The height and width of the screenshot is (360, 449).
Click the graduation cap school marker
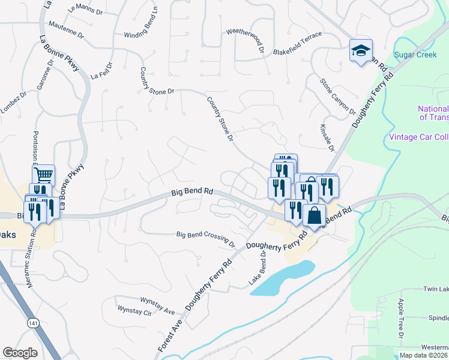coord(361,50)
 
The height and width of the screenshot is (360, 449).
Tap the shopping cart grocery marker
coord(43,175)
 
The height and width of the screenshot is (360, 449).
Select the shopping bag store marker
coord(314,215)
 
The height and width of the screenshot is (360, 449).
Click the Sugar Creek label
coord(415,55)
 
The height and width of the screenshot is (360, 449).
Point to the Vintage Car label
coord(418,137)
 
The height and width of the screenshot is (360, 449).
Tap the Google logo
coord(20,353)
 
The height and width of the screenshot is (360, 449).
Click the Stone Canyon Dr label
coord(337,95)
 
